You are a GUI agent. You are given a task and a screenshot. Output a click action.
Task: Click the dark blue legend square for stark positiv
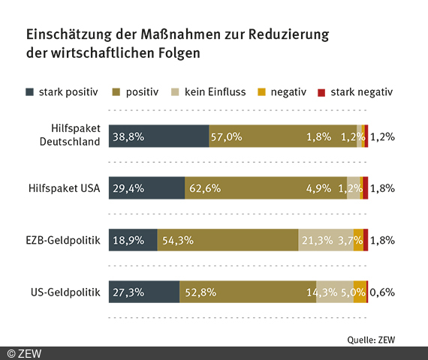(x=30, y=92)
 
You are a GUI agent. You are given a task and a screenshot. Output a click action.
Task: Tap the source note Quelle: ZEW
(x=370, y=338)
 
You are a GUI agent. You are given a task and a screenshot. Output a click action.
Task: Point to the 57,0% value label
(x=226, y=136)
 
